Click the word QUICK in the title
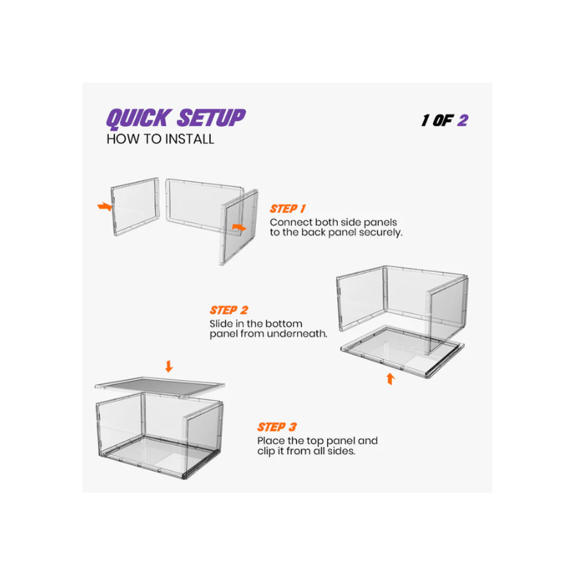tap(138, 118)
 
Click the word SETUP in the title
tap(210, 118)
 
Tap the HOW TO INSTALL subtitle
tap(160, 139)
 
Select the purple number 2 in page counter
tap(462, 120)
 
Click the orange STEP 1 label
tap(287, 208)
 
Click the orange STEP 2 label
tap(228, 310)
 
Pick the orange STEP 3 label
tap(277, 426)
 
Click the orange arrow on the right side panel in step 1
tap(238, 228)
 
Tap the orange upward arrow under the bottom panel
tap(390, 378)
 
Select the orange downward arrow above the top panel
tap(169, 366)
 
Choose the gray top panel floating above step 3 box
tap(159, 385)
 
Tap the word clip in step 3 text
tap(268, 452)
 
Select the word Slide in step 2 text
tap(222, 323)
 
